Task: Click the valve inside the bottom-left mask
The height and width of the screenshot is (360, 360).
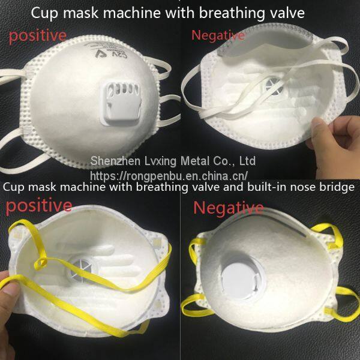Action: coord(83,271)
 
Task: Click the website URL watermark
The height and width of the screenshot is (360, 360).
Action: coord(169,176)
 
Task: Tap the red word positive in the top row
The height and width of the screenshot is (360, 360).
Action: coord(38,36)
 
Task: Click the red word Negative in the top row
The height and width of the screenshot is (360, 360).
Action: coord(218,35)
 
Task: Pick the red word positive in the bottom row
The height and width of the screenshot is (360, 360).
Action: coord(39,206)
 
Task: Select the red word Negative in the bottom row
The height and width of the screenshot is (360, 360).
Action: coord(229,208)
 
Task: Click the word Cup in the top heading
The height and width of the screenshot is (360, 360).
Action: coord(44,13)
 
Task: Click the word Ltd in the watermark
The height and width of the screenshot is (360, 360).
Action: coord(247,161)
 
